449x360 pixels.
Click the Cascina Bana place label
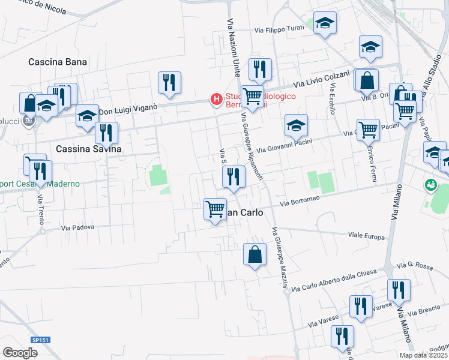click(58, 62)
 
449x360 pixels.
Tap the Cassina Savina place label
click(88, 149)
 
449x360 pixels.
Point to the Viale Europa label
click(366, 237)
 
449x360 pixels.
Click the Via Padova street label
click(78, 227)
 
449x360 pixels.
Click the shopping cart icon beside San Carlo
click(215, 209)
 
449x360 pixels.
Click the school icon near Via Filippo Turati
click(325, 24)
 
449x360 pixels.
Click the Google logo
click(20, 353)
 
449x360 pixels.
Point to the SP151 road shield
click(41, 340)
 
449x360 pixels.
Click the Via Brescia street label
click(427, 311)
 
